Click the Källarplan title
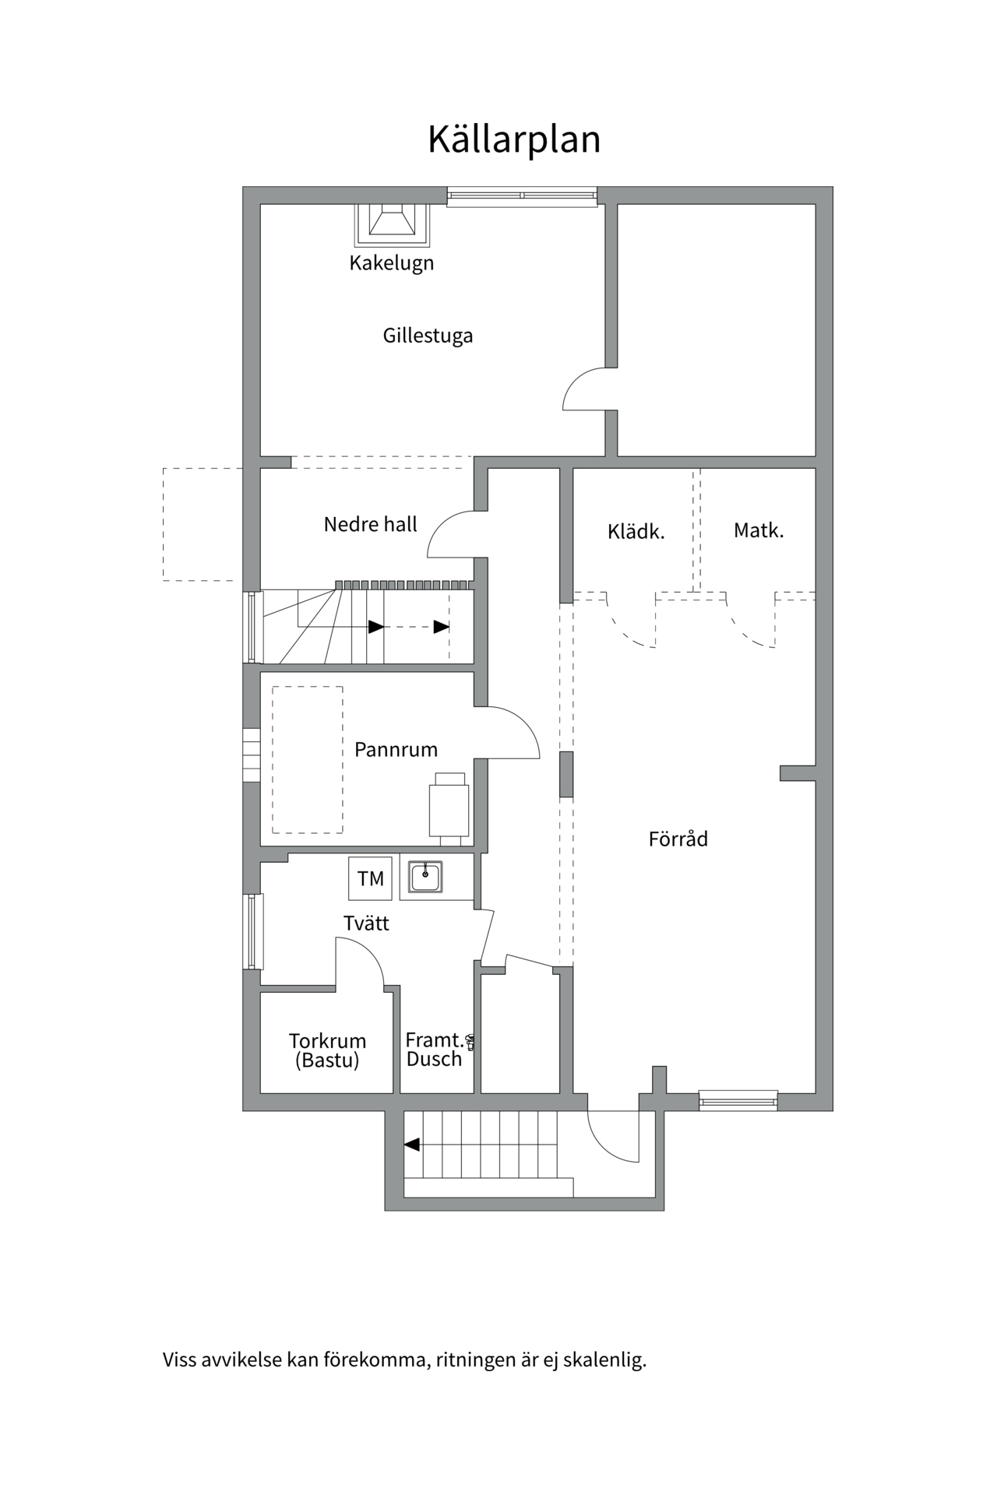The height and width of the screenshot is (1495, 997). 514,140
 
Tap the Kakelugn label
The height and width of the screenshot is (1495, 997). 391,263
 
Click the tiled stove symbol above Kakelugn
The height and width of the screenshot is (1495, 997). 392,223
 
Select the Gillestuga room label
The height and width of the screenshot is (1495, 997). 428,336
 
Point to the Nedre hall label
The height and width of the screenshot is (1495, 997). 371,524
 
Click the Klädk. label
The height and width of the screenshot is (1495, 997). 636,532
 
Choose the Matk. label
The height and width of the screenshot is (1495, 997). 759,530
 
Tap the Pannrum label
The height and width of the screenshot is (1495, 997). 396,750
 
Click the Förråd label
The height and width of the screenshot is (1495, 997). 678,839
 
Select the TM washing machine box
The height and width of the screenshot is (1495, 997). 371,878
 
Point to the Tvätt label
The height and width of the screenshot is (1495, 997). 366,923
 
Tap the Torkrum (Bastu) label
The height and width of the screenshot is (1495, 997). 327,1050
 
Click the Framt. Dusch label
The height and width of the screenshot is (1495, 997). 435,1049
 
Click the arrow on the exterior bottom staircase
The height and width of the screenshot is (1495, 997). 412,1145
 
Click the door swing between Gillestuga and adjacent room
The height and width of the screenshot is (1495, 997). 584,389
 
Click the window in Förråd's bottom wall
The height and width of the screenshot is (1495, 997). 738,1100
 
